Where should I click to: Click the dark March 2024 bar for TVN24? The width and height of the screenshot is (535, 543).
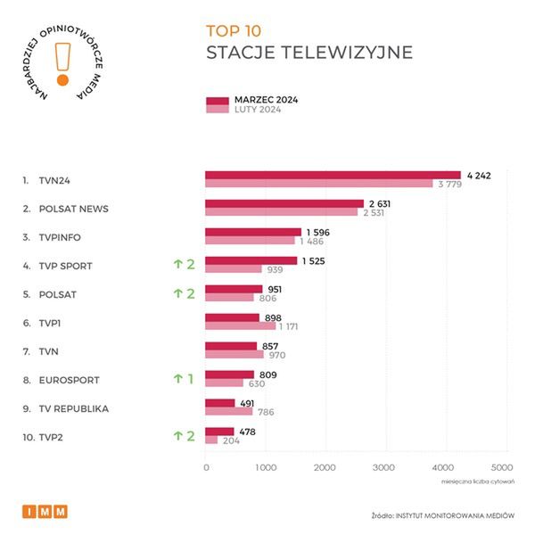click(333, 176)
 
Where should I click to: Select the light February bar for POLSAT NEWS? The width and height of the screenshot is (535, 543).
click(281, 213)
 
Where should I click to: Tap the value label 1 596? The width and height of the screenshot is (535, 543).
click(317, 232)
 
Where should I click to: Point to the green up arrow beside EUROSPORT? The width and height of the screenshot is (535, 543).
click(177, 378)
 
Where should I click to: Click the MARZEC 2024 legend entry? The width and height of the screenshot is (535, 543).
click(265, 100)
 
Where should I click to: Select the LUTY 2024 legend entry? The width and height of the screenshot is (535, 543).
click(258, 110)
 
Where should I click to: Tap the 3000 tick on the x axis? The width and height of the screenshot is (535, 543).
click(383, 466)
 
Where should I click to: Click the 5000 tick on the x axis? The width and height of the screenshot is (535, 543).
click(502, 466)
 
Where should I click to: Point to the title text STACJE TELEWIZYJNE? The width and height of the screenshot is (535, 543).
click(309, 53)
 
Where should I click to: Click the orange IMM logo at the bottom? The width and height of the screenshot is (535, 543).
click(44, 512)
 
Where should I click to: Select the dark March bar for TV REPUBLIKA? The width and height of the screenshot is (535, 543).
click(219, 403)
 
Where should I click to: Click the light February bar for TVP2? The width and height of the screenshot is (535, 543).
click(211, 440)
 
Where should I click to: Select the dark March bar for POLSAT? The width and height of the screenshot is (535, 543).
click(234, 289)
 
